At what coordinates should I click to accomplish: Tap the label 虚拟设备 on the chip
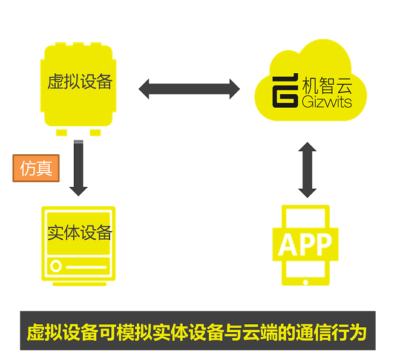[x=80, y=82]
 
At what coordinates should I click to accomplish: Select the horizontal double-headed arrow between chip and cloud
[x=189, y=89]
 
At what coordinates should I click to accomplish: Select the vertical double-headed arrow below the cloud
[x=307, y=169]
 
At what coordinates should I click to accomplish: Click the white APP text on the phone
[x=305, y=244]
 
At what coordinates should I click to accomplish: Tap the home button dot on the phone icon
[x=306, y=281]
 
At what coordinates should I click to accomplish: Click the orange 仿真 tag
[x=36, y=168]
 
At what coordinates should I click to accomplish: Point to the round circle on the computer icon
[x=56, y=266]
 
